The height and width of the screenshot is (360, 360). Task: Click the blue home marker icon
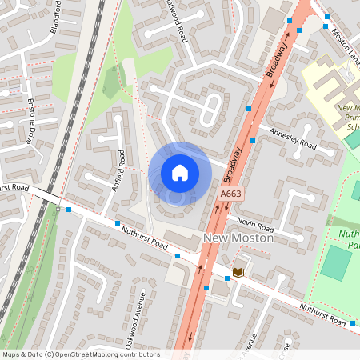180,172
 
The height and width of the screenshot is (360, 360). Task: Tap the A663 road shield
230,194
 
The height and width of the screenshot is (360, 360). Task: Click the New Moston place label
239,238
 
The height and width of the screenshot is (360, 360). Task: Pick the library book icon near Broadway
238,272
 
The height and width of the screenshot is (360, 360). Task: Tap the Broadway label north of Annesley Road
276,60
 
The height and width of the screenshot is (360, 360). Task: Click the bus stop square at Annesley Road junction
253,141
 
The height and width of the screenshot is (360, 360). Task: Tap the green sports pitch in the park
336,262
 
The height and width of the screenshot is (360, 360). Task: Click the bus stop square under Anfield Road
118,223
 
